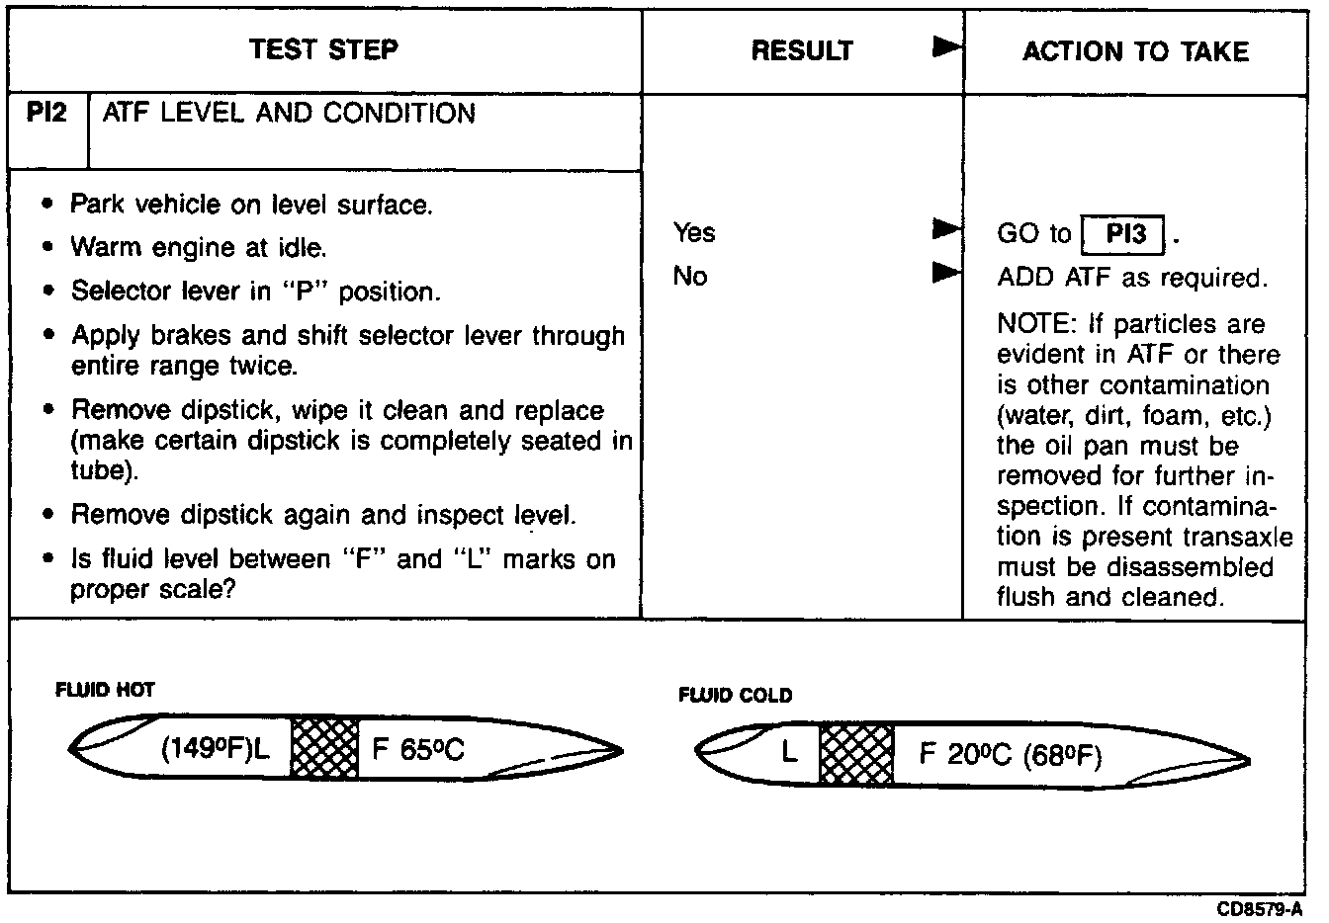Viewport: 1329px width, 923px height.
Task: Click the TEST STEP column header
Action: click(x=323, y=49)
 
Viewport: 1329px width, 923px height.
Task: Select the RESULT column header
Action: click(x=802, y=51)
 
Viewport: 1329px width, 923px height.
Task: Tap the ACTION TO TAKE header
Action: click(x=1135, y=51)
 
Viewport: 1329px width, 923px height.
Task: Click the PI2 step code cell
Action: click(x=47, y=114)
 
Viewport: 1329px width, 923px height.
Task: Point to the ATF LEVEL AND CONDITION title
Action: click(x=289, y=114)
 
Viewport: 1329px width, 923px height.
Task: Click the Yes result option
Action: click(x=694, y=232)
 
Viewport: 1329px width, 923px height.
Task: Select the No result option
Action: click(x=690, y=276)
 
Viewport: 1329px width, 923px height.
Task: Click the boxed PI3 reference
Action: click(x=1125, y=234)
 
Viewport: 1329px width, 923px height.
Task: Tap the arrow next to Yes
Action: click(x=946, y=230)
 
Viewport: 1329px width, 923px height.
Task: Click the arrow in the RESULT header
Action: click(x=947, y=47)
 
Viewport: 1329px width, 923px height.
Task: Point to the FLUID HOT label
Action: click(x=105, y=690)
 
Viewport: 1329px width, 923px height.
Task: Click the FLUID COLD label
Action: click(x=735, y=696)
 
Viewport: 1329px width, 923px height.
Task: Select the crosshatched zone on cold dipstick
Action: click(x=856, y=755)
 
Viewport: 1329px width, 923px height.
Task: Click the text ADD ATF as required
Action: click(x=1131, y=278)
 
